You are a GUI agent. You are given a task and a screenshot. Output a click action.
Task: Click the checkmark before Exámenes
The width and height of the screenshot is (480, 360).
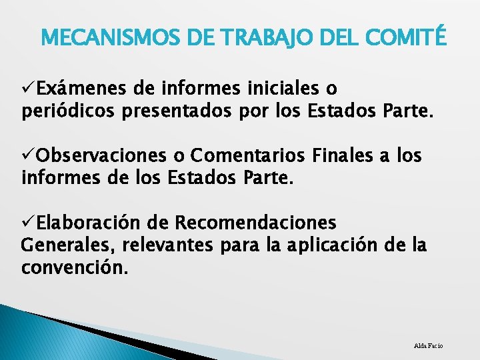[x=28, y=88]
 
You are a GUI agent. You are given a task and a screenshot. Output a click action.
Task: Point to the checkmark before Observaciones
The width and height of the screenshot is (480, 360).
[x=28, y=156]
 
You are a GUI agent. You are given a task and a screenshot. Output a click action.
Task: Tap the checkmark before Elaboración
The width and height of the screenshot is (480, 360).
[x=28, y=222]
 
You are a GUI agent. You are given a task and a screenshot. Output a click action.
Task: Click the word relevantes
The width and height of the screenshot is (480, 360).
[x=163, y=245]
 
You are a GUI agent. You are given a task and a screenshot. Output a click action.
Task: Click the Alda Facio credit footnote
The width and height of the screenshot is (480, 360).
[x=428, y=345]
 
